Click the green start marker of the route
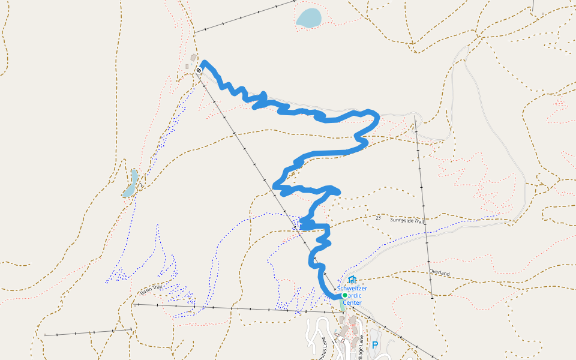pyautogui.click(x=344, y=295)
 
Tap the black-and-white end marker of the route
pyautogui.click(x=199, y=70)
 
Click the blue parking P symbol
pyautogui.click(x=375, y=345)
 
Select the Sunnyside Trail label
pyautogui.click(x=407, y=221)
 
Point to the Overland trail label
pyautogui.click(x=439, y=272)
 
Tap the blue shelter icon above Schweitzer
pyautogui.click(x=352, y=280)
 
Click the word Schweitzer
pyautogui.click(x=352, y=289)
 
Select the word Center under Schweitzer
pyautogui.click(x=352, y=302)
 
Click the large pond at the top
pyautogui.click(x=308, y=17)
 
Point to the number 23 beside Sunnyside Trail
pyautogui.click(x=378, y=218)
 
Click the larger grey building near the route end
pyautogui.click(x=193, y=58)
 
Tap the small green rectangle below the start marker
pyautogui.click(x=342, y=304)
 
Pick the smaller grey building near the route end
pyautogui.click(x=187, y=66)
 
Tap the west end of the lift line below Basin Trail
pyautogui.click(x=44, y=334)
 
